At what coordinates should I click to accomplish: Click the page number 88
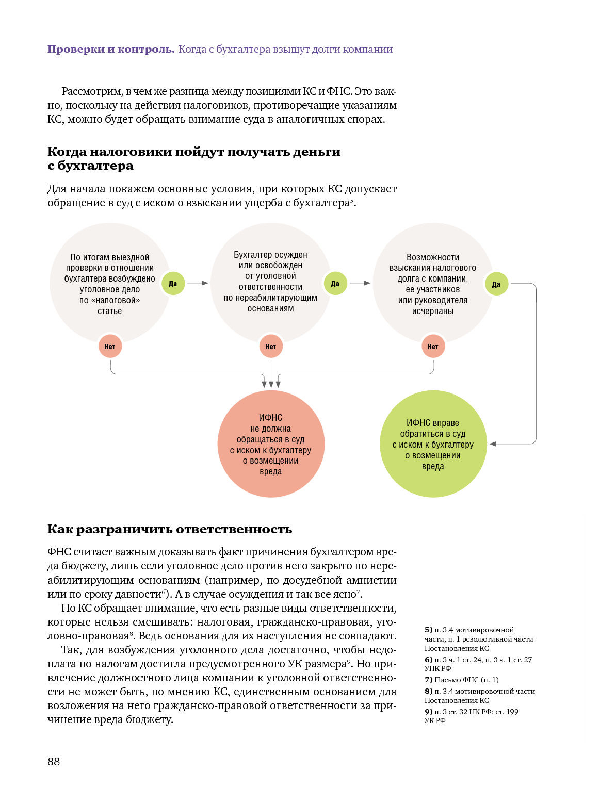(x=54, y=761)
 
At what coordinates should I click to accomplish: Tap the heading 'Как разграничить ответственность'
(x=170, y=529)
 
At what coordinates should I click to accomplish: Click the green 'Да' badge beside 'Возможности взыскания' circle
(x=496, y=284)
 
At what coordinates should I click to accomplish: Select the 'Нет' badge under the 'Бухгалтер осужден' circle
(x=271, y=347)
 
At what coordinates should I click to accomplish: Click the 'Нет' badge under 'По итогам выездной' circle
(x=110, y=347)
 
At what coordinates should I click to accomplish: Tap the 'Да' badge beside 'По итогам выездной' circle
(x=173, y=284)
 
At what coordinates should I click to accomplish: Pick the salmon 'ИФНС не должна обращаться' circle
(x=271, y=444)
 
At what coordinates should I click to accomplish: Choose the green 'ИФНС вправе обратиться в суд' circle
(x=433, y=444)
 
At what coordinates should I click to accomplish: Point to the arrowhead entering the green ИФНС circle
(x=493, y=444)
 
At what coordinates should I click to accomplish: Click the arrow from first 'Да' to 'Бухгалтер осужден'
(x=198, y=283)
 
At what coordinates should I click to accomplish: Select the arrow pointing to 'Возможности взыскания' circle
(x=361, y=283)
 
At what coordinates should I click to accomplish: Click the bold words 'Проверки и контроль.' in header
(x=111, y=50)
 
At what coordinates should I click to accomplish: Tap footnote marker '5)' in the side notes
(x=428, y=630)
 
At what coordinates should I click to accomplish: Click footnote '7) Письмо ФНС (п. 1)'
(x=462, y=680)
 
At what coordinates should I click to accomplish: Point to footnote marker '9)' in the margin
(x=428, y=712)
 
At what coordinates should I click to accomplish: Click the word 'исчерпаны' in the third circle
(x=433, y=311)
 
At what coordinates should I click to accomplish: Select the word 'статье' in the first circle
(x=110, y=311)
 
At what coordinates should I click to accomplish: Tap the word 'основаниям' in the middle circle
(x=271, y=308)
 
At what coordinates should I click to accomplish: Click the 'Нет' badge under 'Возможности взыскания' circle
(x=433, y=347)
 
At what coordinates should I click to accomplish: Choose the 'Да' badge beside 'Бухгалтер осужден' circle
(x=335, y=284)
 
